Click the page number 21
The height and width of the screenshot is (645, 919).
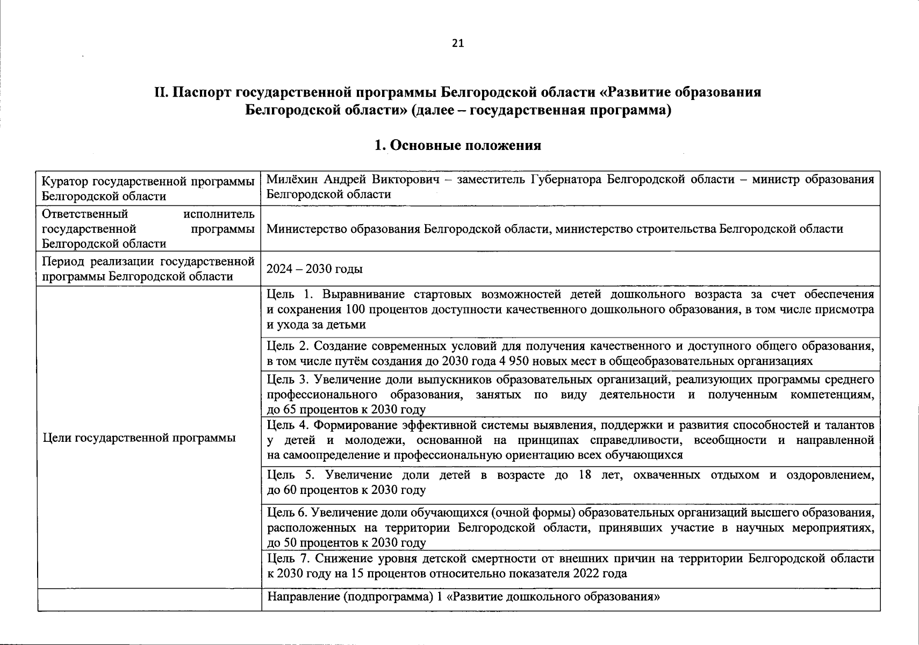click(x=457, y=44)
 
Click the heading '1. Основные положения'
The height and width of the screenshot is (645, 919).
click(x=457, y=146)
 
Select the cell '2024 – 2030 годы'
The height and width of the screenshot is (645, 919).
click(x=314, y=269)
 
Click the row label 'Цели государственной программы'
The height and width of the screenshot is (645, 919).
click(x=139, y=438)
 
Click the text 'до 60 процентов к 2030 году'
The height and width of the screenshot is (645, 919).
click(x=347, y=490)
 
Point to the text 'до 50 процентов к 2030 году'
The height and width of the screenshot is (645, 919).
click(x=347, y=543)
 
